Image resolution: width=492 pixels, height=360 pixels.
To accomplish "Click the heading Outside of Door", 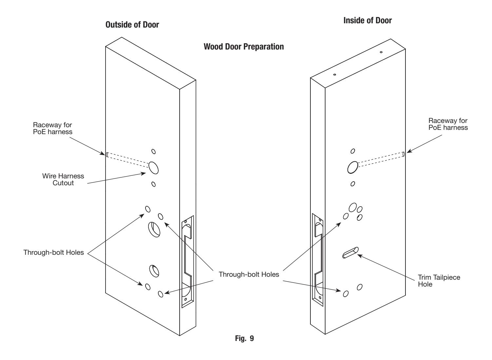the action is tap(132, 25).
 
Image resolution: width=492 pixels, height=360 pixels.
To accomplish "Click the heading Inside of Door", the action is tap(367, 20).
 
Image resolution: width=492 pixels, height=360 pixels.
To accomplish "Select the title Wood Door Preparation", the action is tap(244, 47).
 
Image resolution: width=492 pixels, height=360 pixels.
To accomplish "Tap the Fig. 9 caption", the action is tap(244, 338).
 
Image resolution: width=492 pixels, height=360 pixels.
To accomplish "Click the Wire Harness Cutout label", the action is tap(63, 179).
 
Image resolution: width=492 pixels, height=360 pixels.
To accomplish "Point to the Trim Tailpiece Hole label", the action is tap(439, 281).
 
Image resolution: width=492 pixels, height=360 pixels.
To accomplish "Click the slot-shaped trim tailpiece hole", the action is tap(350, 252).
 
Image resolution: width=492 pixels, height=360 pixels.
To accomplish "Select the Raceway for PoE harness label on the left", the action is tap(52, 128).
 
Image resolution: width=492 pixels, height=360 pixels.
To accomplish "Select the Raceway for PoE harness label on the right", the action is tap(448, 124).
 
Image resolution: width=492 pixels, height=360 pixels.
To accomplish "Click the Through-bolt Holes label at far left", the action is tap(54, 252).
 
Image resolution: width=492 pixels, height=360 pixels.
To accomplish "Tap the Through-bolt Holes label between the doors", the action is tap(249, 274).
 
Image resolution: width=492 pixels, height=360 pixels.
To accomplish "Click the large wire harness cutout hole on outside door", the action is tap(153, 168).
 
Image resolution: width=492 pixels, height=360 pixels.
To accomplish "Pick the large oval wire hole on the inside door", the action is tap(352, 167).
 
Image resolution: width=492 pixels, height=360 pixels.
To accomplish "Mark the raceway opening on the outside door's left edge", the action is tap(107, 155).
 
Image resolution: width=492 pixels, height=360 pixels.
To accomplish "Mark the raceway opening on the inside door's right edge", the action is tap(403, 154).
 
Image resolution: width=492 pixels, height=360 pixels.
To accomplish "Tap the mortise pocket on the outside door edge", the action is tap(187, 261).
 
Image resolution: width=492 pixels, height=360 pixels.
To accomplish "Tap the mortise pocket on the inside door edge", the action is tap(318, 260).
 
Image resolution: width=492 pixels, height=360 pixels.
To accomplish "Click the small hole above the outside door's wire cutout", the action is tap(153, 151).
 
